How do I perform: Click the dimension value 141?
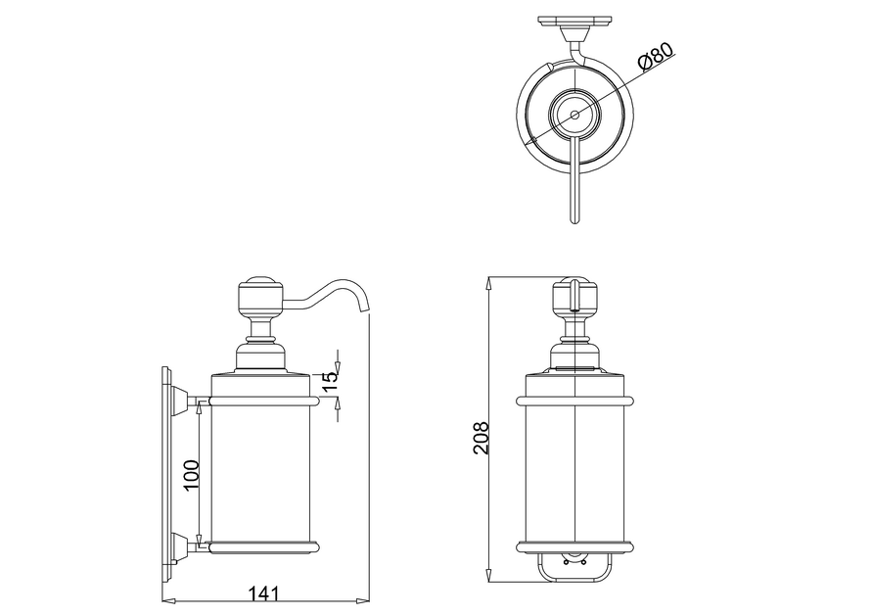click(264, 592)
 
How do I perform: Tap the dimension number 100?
click(190, 475)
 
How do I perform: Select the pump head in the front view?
click(574, 296)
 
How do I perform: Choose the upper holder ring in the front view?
click(574, 400)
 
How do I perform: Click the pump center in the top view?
click(574, 115)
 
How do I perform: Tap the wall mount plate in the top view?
click(574, 23)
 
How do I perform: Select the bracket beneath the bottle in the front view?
click(574, 565)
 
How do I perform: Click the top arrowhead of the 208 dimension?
click(488, 282)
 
